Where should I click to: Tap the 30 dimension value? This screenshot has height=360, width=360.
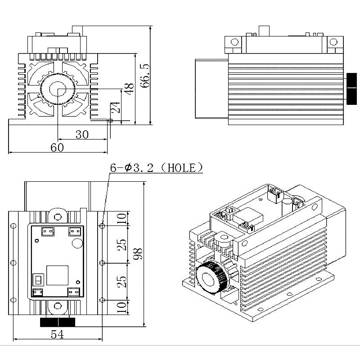(82, 135)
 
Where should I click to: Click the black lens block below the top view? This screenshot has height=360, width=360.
(58, 322)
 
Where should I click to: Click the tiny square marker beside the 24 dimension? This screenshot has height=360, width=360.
(110, 120)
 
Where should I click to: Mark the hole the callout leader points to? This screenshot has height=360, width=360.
(103, 225)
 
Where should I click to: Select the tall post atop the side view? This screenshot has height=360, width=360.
(264, 31)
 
